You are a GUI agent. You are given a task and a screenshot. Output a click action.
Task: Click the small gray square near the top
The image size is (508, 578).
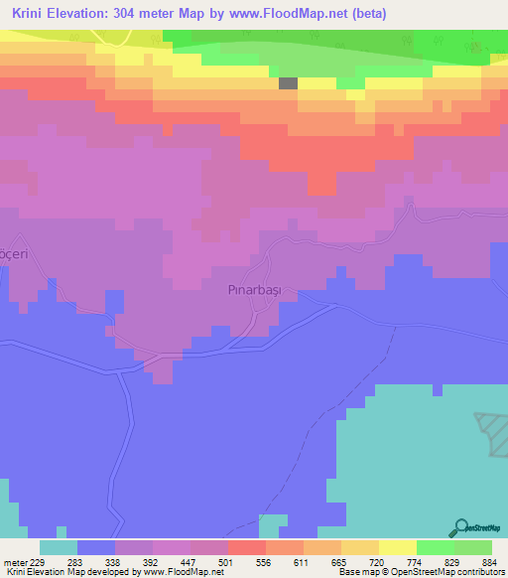coord(288,84)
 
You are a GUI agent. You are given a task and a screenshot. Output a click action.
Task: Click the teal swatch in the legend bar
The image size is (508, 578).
coord(59,548)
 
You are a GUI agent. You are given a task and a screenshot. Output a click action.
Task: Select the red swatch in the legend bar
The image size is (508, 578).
coord(246,548)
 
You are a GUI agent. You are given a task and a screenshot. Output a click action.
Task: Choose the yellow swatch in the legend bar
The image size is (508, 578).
coord(397,548)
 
